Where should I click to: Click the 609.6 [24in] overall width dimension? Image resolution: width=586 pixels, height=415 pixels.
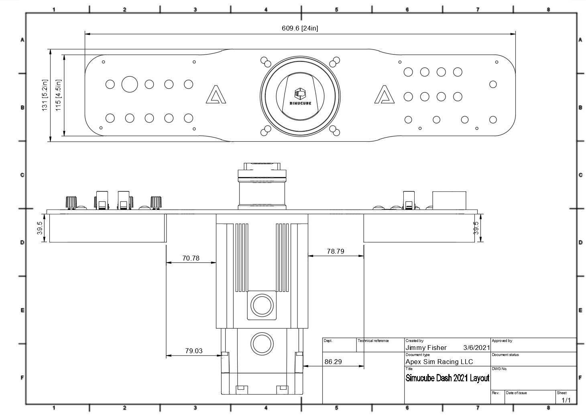300,28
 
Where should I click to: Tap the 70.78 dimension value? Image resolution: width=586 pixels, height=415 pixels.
191,258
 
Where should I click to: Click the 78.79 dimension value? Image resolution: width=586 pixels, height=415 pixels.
335,251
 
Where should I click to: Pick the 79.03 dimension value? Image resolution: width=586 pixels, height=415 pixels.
193,351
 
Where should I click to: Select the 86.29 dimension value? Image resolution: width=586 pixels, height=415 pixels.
333,362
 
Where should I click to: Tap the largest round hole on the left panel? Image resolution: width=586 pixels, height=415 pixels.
130,84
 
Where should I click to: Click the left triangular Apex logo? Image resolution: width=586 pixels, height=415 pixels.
216,95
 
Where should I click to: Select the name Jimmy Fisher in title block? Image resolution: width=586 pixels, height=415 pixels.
426,348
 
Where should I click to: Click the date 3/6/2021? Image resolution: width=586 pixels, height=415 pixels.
476,348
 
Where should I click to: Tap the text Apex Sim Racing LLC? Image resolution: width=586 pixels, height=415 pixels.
439,362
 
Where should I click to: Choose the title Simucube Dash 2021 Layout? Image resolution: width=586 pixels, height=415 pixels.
447,378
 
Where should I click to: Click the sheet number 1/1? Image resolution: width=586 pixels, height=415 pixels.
566,400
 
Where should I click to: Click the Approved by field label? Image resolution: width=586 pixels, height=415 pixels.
502,341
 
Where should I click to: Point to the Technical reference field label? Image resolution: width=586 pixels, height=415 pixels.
373,341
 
